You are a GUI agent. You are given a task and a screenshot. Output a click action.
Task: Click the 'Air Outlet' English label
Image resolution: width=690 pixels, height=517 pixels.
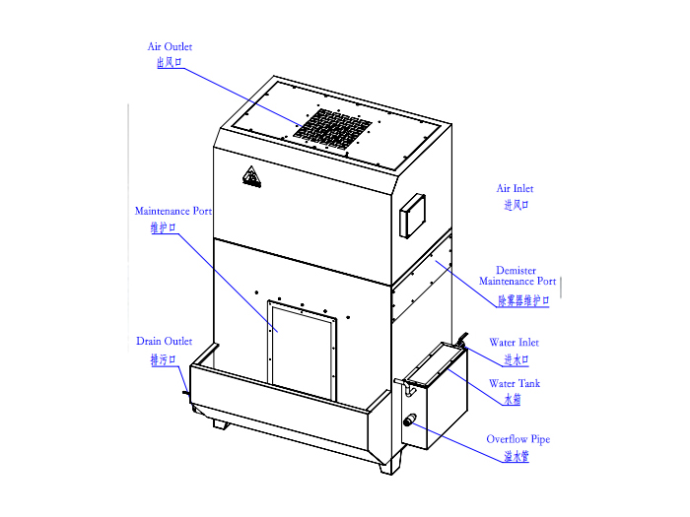coord(170,46)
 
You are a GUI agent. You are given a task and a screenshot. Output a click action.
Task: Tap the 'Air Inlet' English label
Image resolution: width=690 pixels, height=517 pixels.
coord(515,189)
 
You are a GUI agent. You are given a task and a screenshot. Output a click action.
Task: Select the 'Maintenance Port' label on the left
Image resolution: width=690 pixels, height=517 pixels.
coord(173,211)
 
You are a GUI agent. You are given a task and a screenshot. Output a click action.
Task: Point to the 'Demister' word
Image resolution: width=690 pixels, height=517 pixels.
coord(516,271)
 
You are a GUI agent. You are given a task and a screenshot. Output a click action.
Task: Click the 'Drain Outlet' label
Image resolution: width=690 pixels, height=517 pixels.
coord(165,341)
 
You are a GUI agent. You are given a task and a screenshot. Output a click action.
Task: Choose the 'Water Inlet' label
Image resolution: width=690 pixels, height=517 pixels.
coord(514,343)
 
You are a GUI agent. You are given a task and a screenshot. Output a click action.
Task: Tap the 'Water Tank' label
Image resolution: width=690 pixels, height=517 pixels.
coord(515,384)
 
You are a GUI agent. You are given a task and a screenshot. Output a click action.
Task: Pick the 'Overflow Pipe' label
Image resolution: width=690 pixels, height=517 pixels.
coord(518,439)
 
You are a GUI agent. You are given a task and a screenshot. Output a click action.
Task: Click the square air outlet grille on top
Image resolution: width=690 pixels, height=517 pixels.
coord(333,126)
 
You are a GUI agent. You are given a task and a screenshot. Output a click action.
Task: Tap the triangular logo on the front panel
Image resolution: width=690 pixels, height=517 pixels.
coord(251,176)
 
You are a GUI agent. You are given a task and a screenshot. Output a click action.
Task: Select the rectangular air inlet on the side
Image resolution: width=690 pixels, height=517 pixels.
coord(412,216)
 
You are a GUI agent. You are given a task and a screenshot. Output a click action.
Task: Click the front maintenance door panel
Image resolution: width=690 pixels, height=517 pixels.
coord(302,350)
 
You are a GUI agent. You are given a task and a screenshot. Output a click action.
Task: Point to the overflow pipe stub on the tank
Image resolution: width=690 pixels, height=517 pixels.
coord(410,420)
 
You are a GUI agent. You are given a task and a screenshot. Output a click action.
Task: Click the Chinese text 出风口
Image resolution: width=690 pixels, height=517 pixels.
coord(169,62)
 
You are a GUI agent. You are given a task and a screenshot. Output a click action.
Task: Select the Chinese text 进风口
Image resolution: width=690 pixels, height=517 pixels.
coord(516,205)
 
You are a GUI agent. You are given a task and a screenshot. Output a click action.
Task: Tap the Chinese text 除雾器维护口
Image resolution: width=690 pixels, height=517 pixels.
coord(523,300)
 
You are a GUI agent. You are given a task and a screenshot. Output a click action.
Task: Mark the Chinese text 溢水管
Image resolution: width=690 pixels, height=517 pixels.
coord(517,456)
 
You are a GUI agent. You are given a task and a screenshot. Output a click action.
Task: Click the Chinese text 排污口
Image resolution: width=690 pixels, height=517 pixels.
coord(164,360)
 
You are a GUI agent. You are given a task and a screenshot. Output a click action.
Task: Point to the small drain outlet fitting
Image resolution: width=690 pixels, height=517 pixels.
coord(186,394)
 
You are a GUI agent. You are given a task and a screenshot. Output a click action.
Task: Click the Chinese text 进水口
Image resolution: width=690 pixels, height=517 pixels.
coord(517,360)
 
